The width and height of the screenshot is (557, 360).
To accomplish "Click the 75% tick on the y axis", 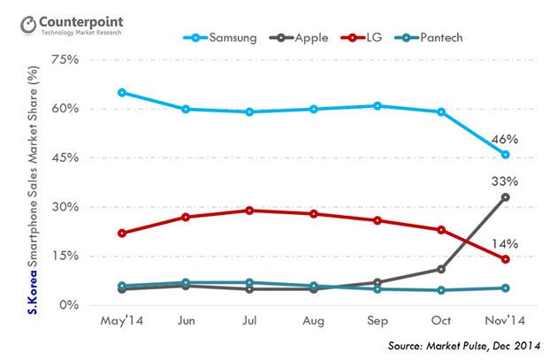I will point(66,60).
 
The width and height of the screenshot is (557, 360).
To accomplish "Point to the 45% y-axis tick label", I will point(66,157).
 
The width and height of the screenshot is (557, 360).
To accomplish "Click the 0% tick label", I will point(70,305).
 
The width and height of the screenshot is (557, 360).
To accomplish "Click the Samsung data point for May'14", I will point(121,92).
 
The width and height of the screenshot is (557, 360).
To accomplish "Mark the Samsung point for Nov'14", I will point(505,155).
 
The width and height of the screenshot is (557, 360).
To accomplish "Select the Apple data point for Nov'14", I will point(505,197).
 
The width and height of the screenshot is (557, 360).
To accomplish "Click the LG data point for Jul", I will point(249,211).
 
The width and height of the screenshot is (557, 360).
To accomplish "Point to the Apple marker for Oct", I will point(441,269).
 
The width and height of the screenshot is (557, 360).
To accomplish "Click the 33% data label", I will point(504,180).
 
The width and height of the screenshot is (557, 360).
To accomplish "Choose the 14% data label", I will point(504,243).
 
